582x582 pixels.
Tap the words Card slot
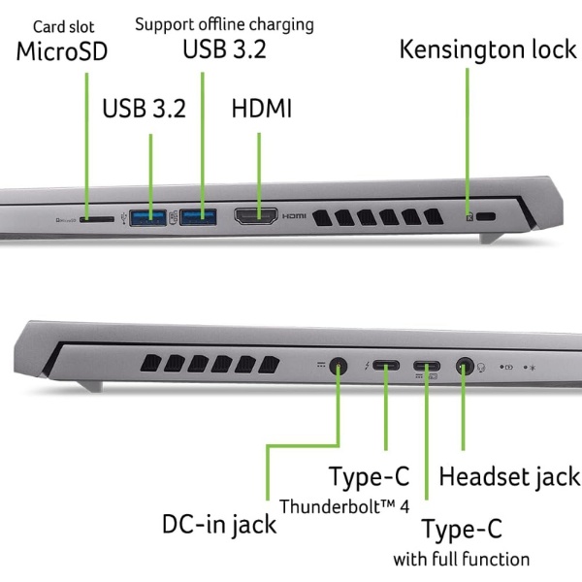64,27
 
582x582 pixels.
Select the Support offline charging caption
224,23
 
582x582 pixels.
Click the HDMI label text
262,108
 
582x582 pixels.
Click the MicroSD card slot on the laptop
97,218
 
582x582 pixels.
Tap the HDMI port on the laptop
256,215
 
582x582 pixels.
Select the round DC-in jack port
339,368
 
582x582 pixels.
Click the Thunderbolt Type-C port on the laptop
385,368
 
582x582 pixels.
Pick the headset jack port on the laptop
464,368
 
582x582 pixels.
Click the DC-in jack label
218,525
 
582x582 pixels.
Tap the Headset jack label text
509,476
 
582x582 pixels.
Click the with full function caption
461,559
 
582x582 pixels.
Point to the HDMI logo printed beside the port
294,215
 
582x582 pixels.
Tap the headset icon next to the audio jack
481,368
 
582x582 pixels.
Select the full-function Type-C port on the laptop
426,368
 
